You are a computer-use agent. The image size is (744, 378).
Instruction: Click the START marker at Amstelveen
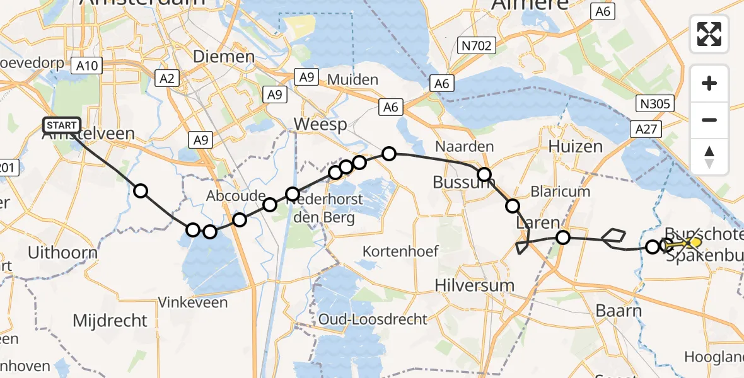[62, 125]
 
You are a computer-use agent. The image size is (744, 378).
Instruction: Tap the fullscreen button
[709, 34]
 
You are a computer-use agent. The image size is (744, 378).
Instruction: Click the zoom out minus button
[709, 120]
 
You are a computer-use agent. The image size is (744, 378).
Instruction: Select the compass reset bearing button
[709, 156]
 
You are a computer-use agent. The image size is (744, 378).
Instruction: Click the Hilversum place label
[474, 285]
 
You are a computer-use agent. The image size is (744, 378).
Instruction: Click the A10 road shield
[86, 65]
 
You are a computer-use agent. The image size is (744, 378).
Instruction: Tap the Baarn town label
[619, 311]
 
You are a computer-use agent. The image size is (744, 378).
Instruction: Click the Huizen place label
[575, 147]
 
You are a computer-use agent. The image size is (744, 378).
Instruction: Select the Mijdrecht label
[110, 320]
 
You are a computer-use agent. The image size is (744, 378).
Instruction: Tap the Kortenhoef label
[400, 251]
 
